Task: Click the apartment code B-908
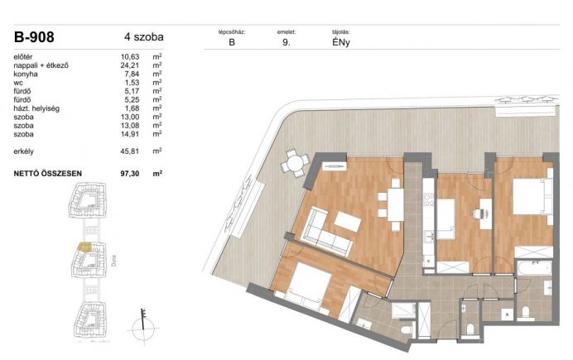(34, 37)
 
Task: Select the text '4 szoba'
(143, 37)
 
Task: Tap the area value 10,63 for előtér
(130, 56)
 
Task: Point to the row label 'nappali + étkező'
(41, 65)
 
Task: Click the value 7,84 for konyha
(132, 74)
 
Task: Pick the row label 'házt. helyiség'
(36, 108)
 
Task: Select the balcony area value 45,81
(130, 151)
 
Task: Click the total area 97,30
(130, 174)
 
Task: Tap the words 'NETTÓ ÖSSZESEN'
(47, 174)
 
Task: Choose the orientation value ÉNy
(341, 42)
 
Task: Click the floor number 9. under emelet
(286, 42)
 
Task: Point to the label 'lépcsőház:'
(232, 32)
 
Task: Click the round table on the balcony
(296, 163)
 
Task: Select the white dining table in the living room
(396, 204)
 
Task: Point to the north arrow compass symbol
(143, 326)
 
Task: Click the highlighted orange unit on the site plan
(84, 247)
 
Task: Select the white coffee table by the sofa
(347, 221)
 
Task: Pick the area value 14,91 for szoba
(130, 134)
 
